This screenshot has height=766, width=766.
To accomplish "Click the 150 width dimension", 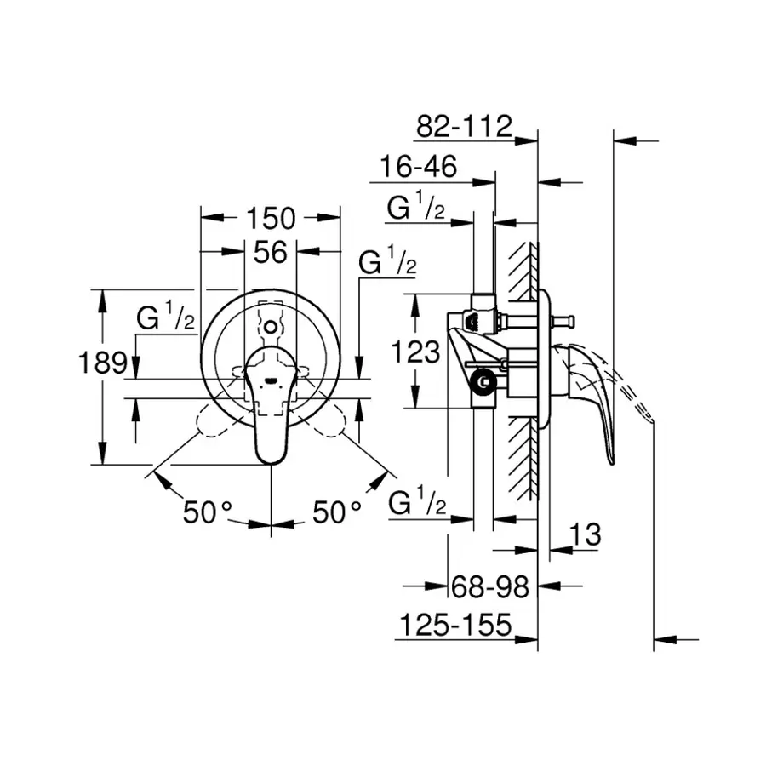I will pyautogui.click(x=271, y=219).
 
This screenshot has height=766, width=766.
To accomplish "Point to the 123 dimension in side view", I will pyautogui.click(x=417, y=350).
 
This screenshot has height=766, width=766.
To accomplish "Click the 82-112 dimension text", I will pyautogui.click(x=464, y=127).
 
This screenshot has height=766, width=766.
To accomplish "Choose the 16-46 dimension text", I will pyautogui.click(x=418, y=167).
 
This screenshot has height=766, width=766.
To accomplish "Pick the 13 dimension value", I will pyautogui.click(x=584, y=535).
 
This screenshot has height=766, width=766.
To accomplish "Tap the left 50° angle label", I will pyautogui.click(x=208, y=512).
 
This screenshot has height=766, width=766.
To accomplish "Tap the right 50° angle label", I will pyautogui.click(x=337, y=512).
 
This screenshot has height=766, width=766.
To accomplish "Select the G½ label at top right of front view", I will pyautogui.click(x=387, y=263).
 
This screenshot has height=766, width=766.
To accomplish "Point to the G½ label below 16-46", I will pyautogui.click(x=416, y=207).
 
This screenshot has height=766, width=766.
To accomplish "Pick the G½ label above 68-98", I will pyautogui.click(x=416, y=504).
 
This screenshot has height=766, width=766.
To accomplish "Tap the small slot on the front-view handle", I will pyautogui.click(x=271, y=381).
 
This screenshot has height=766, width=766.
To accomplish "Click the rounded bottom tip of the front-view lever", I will pyautogui.click(x=271, y=460).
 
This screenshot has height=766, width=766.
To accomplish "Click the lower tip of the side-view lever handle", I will pyautogui.click(x=611, y=461).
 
